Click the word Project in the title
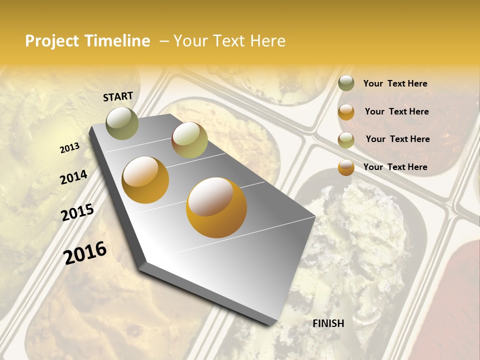point(52,41)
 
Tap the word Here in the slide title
point(267,41)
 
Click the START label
point(118,96)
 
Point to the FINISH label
point(328,323)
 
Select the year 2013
point(70,147)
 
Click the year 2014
point(74,177)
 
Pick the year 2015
point(77,212)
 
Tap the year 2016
point(85,252)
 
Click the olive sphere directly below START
point(122,122)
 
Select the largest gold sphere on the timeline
point(216,207)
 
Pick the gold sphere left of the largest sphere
point(145,180)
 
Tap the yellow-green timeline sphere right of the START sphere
point(189,140)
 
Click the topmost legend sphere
point(346,83)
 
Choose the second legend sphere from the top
point(346,112)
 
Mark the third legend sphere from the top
point(346,140)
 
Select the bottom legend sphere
point(346,167)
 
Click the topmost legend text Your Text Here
point(395,83)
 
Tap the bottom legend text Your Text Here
point(395,167)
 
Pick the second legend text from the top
point(396,111)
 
